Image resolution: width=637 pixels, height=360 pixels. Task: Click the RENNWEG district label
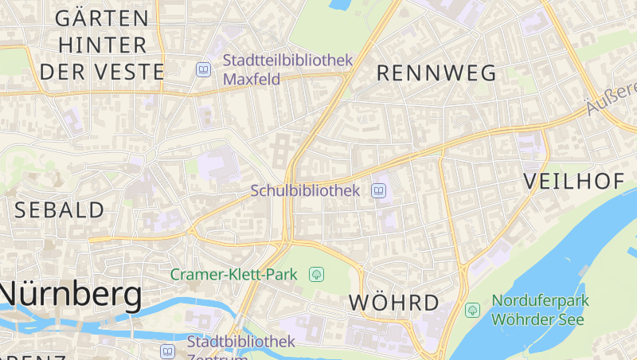point(436,73)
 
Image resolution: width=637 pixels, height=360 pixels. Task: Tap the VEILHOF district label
point(573,182)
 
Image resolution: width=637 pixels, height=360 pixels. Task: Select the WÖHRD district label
point(394,303)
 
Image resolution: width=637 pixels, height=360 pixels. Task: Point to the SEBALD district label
point(60,210)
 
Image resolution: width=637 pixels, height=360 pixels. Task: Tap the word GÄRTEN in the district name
point(102,18)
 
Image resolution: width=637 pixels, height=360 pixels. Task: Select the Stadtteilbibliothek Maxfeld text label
point(287,69)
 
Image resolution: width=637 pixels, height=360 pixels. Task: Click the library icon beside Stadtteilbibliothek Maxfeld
point(204,70)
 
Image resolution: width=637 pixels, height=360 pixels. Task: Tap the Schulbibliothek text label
point(305,190)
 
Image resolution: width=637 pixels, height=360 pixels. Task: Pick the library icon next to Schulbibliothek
point(379,190)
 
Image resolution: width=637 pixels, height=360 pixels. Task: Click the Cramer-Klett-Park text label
point(233,275)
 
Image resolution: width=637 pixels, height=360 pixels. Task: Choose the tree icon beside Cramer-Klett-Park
point(316,275)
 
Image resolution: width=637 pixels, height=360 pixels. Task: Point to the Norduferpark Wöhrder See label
point(539,310)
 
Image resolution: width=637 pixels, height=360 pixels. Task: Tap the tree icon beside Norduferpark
point(472,309)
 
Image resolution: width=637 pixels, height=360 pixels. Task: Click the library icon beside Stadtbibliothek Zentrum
point(167,350)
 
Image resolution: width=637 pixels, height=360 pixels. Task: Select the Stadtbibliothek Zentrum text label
point(240,347)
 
